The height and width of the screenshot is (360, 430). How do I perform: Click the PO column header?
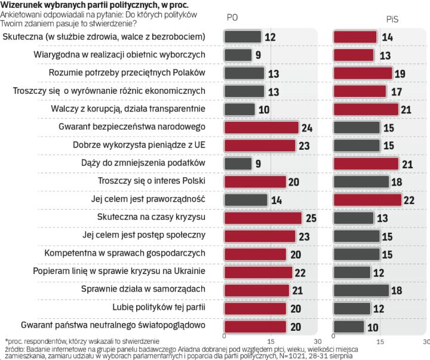(232, 18)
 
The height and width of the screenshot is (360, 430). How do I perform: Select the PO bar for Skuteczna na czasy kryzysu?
(263, 218)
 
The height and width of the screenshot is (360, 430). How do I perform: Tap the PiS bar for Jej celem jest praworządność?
(367, 200)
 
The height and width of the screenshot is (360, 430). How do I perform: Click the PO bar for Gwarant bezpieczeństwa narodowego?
(261, 127)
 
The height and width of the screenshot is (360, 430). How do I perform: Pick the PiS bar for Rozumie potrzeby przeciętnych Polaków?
(363, 73)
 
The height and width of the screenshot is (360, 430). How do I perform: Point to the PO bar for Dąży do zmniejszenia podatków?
(238, 164)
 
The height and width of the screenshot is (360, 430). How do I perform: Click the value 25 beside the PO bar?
(311, 219)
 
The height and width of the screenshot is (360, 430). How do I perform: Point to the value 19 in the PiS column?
(400, 73)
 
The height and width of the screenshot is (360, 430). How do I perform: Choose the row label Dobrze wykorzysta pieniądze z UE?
(139, 145)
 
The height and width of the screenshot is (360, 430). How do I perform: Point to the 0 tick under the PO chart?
(224, 341)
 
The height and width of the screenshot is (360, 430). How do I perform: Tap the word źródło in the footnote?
(14, 348)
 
